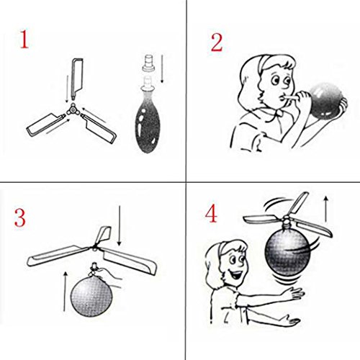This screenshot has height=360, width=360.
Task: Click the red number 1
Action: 24,39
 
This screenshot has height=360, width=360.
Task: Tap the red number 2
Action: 217,42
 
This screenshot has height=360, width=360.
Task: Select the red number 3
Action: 20,218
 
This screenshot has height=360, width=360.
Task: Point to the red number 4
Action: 211,214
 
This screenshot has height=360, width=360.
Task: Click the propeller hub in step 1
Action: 72,110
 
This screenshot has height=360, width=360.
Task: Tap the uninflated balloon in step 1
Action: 147,120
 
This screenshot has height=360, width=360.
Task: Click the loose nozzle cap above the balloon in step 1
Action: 149,63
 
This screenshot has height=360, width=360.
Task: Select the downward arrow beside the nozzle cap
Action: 162,69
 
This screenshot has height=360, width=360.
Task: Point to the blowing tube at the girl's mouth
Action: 291,97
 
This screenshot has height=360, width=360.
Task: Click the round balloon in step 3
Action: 91,296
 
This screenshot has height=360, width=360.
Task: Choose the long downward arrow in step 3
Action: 120,226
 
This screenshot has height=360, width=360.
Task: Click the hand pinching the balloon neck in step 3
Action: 108,276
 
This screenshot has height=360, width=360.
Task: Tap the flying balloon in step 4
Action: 287,251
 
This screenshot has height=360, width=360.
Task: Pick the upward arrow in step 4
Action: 325,209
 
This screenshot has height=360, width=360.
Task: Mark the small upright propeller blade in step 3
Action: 103,235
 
